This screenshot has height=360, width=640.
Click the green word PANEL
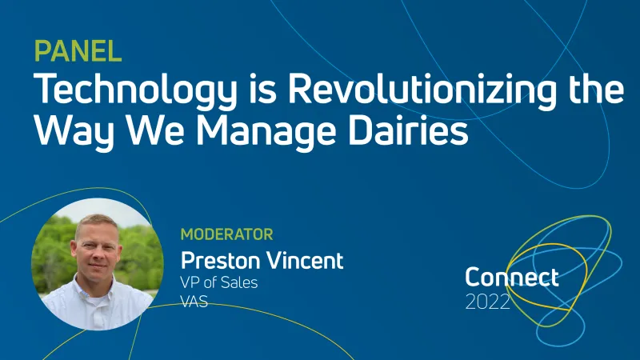pos(78,51)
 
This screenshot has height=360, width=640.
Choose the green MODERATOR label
pos(226,234)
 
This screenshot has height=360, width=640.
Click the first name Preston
pos(219,260)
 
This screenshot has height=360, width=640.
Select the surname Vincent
pos(304,260)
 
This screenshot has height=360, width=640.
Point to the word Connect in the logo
pos(511,278)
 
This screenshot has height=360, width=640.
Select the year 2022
pos(487,303)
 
